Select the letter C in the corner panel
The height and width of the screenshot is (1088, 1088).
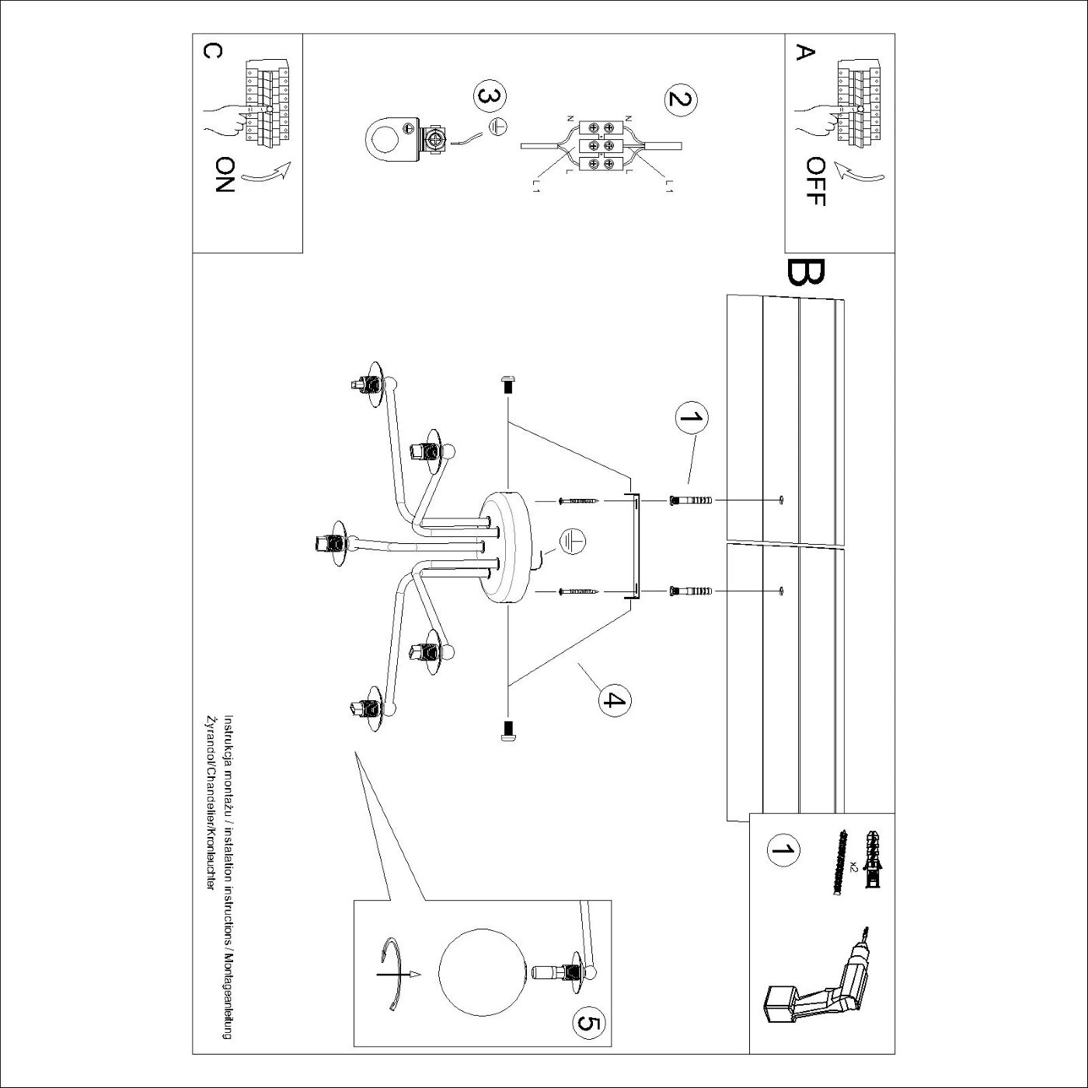pyautogui.click(x=211, y=51)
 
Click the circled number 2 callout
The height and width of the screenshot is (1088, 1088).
pyautogui.click(x=681, y=100)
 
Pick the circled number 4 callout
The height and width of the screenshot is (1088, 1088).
pyautogui.click(x=615, y=701)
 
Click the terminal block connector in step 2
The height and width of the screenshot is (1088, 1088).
pyautogui.click(x=602, y=145)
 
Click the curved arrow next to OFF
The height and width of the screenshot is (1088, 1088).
pyautogui.click(x=861, y=172)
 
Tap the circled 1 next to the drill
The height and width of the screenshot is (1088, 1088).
pyautogui.click(x=782, y=849)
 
